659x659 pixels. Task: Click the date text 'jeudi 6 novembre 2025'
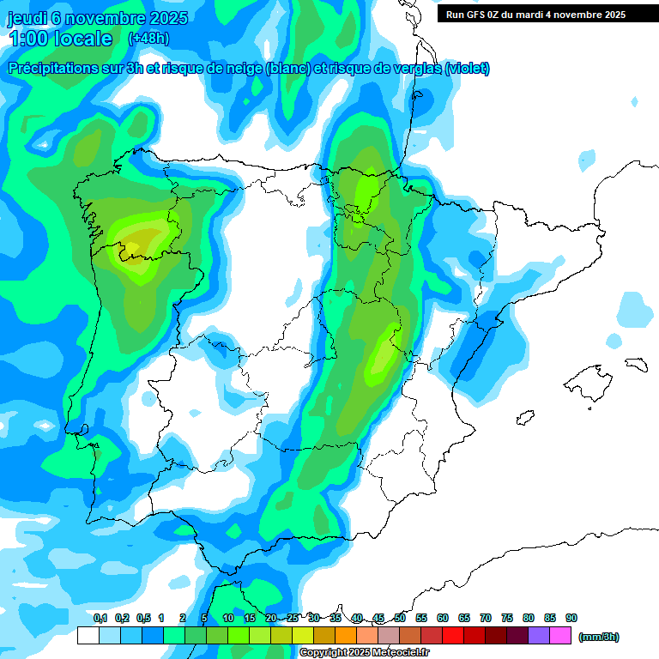point(98,18)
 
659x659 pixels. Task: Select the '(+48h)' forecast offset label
point(148,39)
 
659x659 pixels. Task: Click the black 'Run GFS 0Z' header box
point(536,15)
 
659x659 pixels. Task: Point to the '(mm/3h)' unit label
point(598,637)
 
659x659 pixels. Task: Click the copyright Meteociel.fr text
point(364,653)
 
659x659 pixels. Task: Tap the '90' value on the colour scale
point(571,619)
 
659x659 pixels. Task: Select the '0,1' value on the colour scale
point(100,619)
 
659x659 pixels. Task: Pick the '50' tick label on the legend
point(400,619)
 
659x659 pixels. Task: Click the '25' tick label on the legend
point(293,619)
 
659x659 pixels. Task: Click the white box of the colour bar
point(88,636)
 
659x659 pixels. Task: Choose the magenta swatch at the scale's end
point(560,636)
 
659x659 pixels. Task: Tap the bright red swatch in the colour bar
point(453,636)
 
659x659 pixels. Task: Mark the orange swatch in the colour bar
point(346,636)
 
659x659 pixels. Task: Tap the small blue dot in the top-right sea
point(588,158)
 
